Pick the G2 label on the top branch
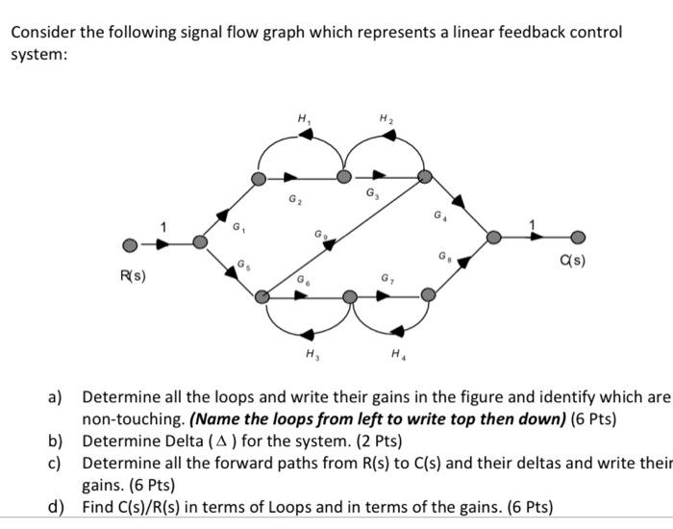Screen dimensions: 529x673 [x=294, y=201]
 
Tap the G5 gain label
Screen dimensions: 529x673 [x=242, y=265]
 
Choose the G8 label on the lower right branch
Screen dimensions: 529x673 [x=444, y=257]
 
